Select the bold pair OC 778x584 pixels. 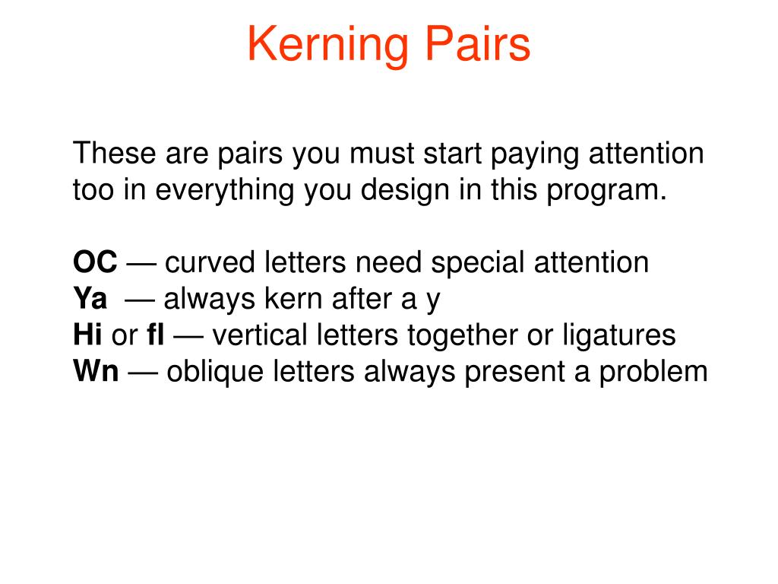pos(95,263)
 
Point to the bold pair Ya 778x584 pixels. pos(90,300)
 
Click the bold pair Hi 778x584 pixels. pos(87,335)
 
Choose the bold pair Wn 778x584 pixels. pos(96,372)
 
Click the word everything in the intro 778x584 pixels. pos(226,190)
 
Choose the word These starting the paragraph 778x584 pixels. pos(113,154)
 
